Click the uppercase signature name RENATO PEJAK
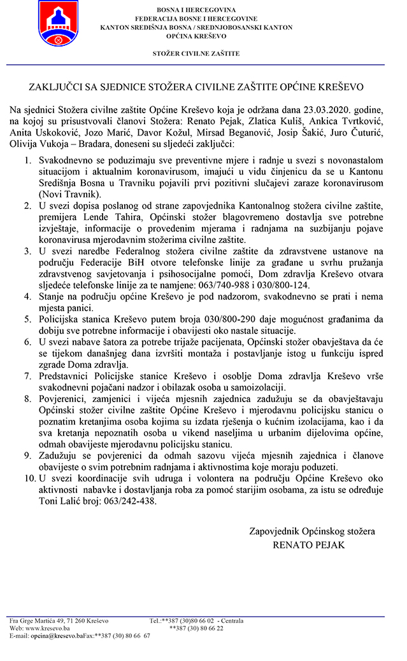(308, 545)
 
